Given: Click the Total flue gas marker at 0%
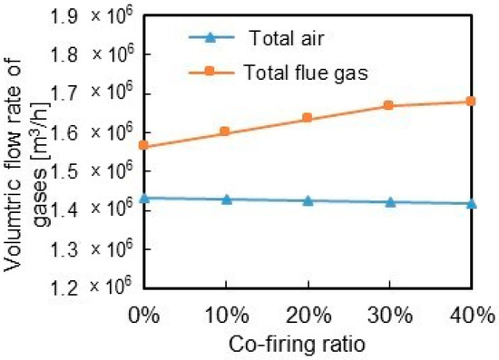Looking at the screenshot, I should [x=143, y=145].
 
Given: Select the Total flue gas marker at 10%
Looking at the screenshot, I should [x=226, y=132].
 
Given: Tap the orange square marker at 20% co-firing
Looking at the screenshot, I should [x=308, y=118].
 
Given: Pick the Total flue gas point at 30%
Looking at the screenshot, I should [x=390, y=105].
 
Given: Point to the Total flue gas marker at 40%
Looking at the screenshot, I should [x=472, y=101].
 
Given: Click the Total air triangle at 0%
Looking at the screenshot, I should [x=143, y=197].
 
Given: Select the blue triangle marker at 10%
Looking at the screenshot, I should [x=226, y=199].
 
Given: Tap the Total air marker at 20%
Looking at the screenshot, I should [x=308, y=200].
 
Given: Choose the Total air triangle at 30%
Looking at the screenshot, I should [x=390, y=201].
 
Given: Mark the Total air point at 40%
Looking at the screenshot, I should [x=472, y=203].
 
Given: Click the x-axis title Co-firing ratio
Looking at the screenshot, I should [x=308, y=345].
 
